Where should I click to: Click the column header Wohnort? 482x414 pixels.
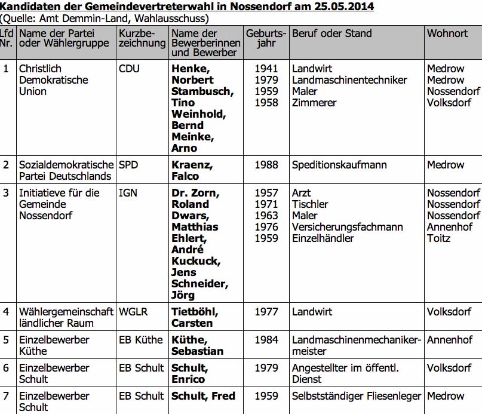[447, 33]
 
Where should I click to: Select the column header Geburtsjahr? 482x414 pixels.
[266, 38]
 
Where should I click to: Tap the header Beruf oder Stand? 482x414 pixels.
[331, 33]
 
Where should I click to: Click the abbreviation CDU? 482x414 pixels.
[129, 69]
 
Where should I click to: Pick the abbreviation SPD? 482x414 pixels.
[128, 165]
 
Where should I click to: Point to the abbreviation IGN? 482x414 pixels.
[128, 193]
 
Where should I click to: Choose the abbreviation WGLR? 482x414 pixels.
[133, 312]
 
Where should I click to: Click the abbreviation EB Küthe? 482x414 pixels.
[140, 340]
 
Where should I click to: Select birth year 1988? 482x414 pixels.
[266, 165]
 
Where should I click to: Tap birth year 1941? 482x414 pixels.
[266, 69]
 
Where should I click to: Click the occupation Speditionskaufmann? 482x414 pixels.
[339, 165]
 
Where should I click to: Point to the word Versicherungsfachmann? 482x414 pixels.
[347, 227]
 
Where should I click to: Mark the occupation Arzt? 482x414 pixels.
[302, 193]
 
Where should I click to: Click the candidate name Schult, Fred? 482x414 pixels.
[203, 396]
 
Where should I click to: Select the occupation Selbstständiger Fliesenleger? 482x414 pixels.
[356, 396]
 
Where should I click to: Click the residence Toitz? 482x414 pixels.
[439, 238]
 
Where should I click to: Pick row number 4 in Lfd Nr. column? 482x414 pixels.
[6, 312]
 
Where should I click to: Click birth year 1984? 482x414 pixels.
[266, 340]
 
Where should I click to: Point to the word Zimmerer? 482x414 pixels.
[314, 103]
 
